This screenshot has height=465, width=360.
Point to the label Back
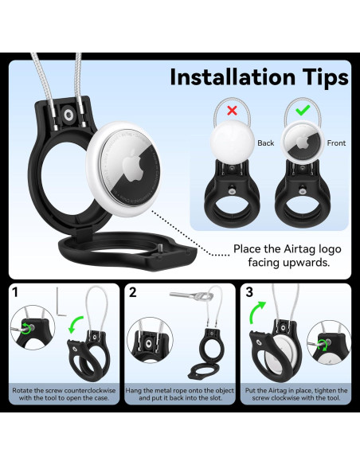pyautogui.click(x=265, y=143)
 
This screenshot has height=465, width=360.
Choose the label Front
pyautogui.click(x=336, y=143)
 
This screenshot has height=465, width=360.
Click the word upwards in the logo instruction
pyautogui.click(x=310, y=261)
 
